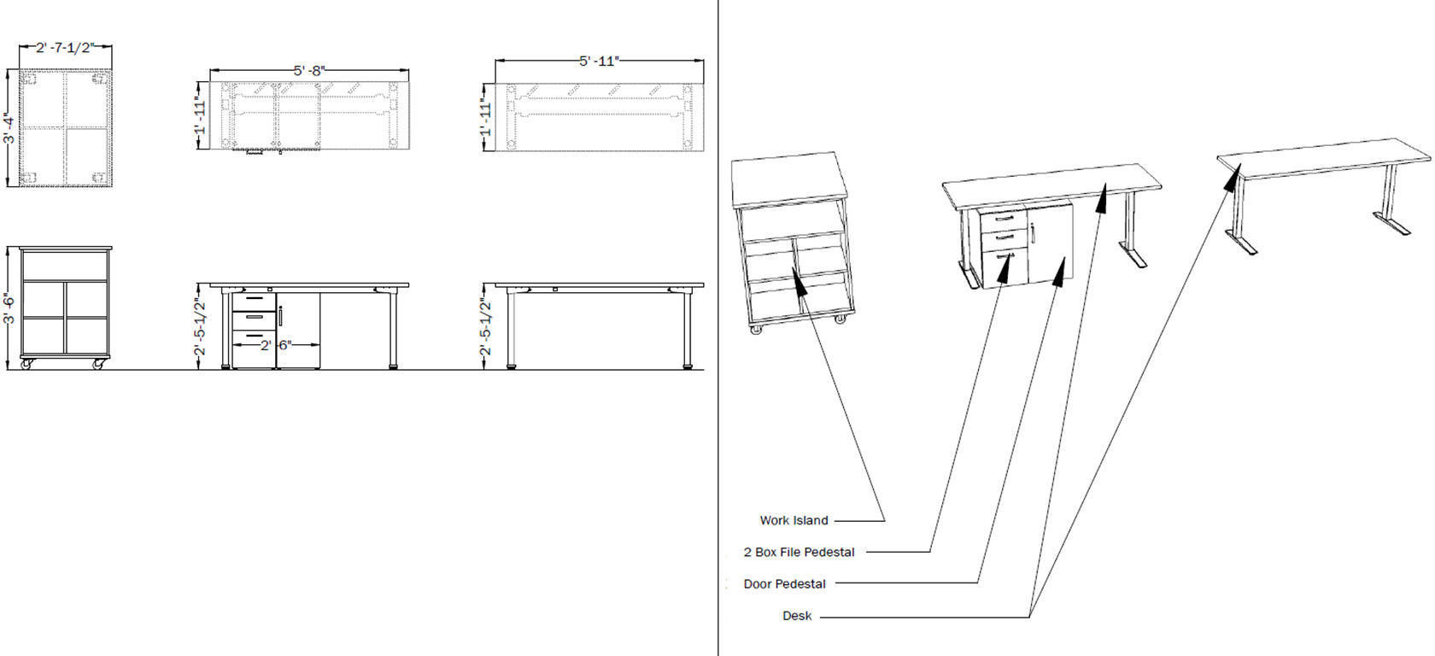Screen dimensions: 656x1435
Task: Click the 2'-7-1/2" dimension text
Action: point(65,49)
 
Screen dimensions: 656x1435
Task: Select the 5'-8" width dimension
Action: point(309,71)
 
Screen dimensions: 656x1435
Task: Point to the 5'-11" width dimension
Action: point(599,61)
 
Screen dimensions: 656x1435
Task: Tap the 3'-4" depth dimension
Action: point(9,128)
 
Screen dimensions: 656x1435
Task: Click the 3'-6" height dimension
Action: point(9,307)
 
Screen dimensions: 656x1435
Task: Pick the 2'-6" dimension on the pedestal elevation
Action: point(276,345)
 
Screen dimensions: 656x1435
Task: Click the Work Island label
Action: point(794,520)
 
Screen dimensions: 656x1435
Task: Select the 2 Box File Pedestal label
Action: point(799,553)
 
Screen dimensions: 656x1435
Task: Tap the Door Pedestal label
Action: point(784,584)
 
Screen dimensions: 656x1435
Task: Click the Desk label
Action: point(796,616)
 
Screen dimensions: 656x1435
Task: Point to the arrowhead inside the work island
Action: point(799,282)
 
